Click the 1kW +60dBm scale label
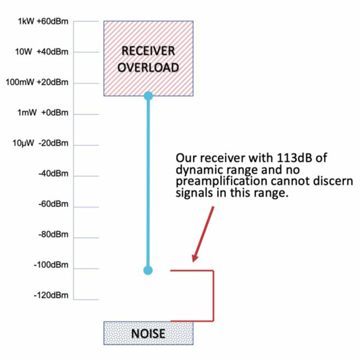[x=43, y=22]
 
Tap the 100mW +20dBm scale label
[x=37, y=83]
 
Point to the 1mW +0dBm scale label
[x=43, y=113]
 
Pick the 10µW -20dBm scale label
[x=40, y=144]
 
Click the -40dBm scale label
[x=53, y=174]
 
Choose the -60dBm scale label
[x=53, y=204]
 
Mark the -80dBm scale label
[x=53, y=235]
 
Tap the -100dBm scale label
[x=52, y=265]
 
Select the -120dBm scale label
[x=52, y=296]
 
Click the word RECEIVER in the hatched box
[x=148, y=51]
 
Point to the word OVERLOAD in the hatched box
[x=148, y=67]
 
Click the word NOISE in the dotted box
[x=148, y=333]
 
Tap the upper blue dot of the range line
[x=148, y=96]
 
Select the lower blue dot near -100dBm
[x=148, y=270]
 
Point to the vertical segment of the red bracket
[x=213, y=296]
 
